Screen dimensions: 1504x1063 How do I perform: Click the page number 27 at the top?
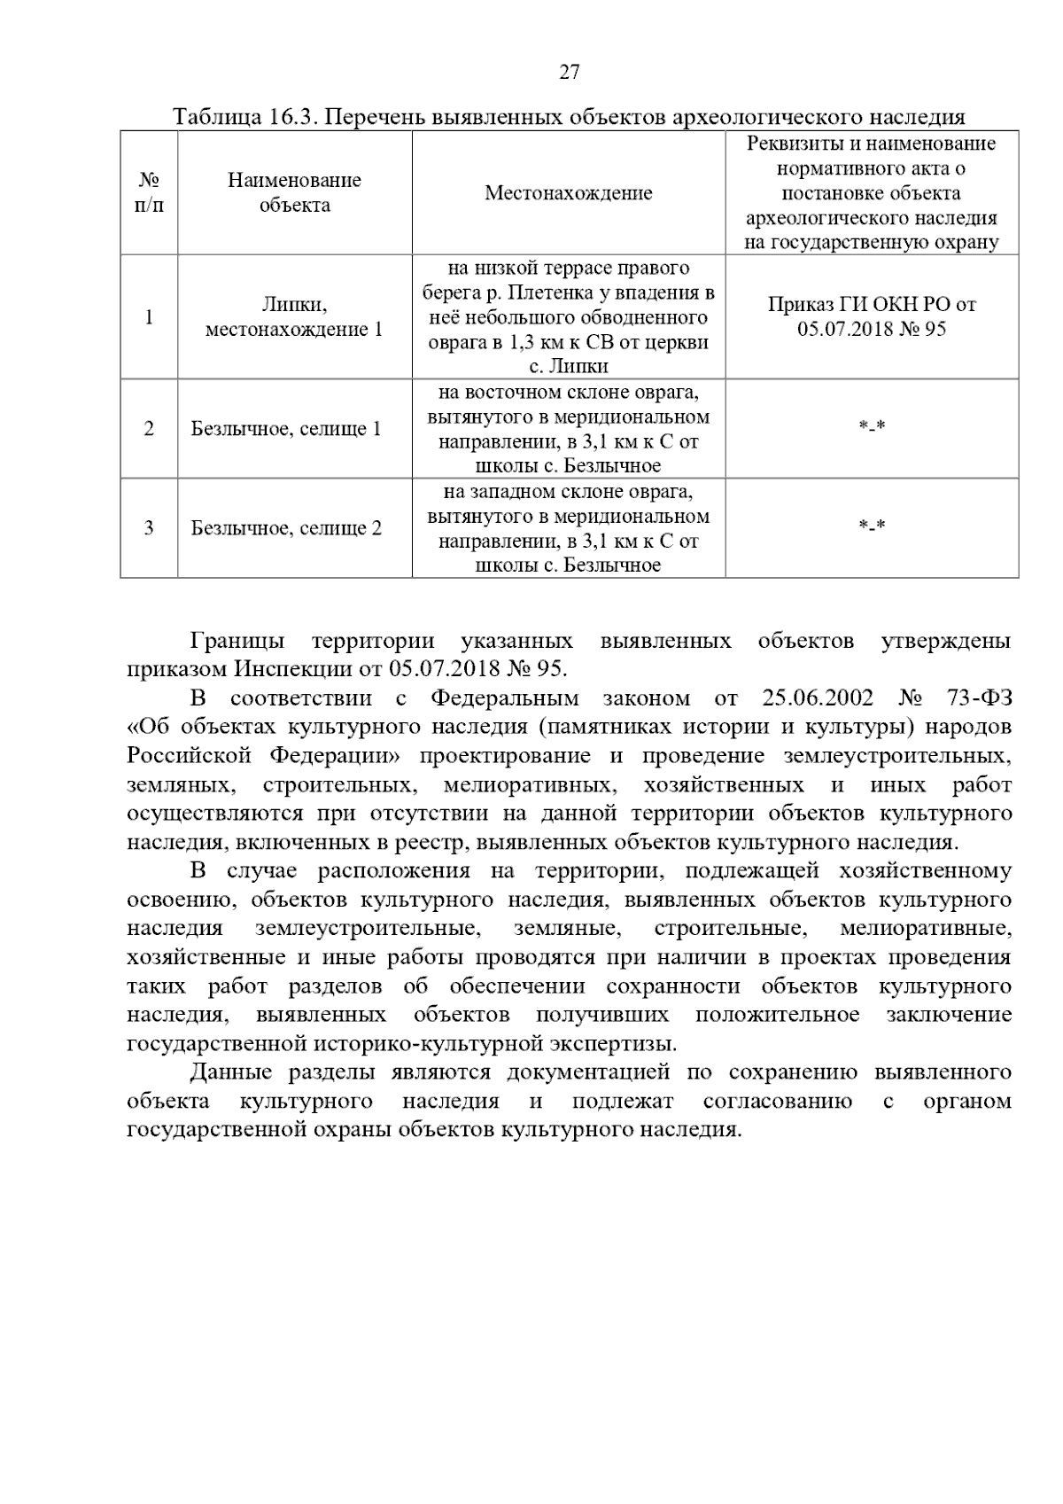point(569,73)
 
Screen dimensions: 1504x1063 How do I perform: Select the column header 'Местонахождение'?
point(568,193)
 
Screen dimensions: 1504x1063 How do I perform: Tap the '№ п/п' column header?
point(149,192)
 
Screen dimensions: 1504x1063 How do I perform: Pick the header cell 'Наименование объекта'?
point(294,192)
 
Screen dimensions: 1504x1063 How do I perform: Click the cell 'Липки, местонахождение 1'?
point(294,317)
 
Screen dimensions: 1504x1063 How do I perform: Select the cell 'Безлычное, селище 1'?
point(286,429)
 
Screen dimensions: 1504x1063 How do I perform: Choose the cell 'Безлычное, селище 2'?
point(286,528)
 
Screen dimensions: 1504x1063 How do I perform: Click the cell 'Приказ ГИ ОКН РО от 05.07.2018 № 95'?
point(871,316)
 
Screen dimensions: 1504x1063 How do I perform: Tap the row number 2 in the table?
point(149,429)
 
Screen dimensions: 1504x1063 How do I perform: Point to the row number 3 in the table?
point(149,528)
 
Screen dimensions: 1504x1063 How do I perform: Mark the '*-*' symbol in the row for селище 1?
point(872,427)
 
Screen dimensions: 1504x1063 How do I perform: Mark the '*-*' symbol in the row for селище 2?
point(872,526)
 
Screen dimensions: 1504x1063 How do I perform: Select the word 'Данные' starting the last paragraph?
point(230,1072)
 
